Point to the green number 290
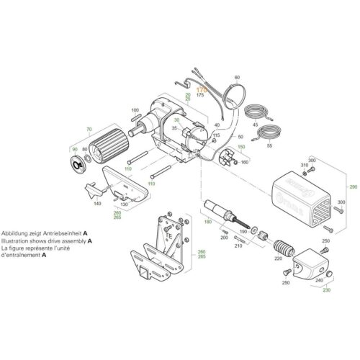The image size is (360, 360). (x=353, y=186)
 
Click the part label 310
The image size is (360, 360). (x=305, y=166)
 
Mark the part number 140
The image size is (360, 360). (x=97, y=204)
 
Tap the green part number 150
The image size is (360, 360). (x=241, y=146)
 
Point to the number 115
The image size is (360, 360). (x=215, y=135)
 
